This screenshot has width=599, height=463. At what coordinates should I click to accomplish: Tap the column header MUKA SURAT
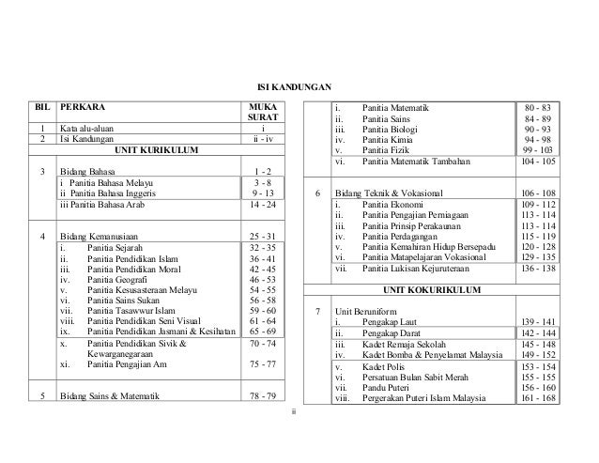click(x=264, y=115)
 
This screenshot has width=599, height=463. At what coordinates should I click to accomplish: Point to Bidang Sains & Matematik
click(x=109, y=396)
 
